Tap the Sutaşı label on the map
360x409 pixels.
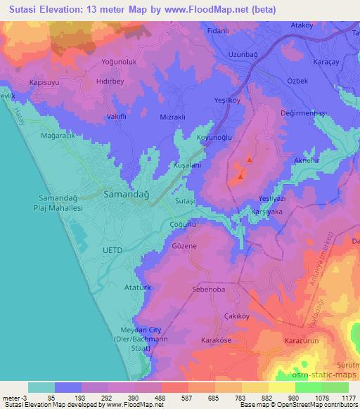coord(184,201)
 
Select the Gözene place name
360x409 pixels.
coord(184,247)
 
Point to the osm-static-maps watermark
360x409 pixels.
coord(330,361)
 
